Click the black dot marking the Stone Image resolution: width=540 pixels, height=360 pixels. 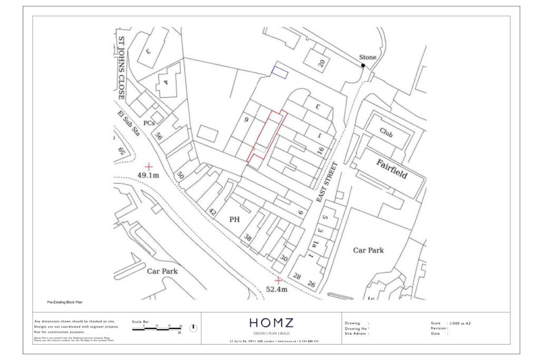pos(363,65)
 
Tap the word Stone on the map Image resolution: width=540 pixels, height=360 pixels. pos(368,57)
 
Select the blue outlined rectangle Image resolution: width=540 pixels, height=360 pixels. pos(280,71)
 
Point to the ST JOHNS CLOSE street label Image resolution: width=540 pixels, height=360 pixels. pos(121,68)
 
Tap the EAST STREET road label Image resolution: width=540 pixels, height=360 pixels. pos(325,182)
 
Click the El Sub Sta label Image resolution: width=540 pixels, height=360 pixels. pos(129,123)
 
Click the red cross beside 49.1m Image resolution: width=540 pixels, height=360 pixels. pos(149,167)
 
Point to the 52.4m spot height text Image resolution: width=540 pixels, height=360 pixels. pos(276,289)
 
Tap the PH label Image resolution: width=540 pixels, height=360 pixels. pos(235,219)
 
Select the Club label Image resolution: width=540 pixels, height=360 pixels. pos(386,133)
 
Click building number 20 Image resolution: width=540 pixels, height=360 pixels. pos(321,64)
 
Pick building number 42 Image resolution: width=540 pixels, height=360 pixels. pos(213,212)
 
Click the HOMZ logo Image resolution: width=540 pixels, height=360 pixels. pos(272,323)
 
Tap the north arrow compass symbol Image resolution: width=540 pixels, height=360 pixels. pos(194,328)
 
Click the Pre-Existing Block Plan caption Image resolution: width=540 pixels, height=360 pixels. pos(65,303)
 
